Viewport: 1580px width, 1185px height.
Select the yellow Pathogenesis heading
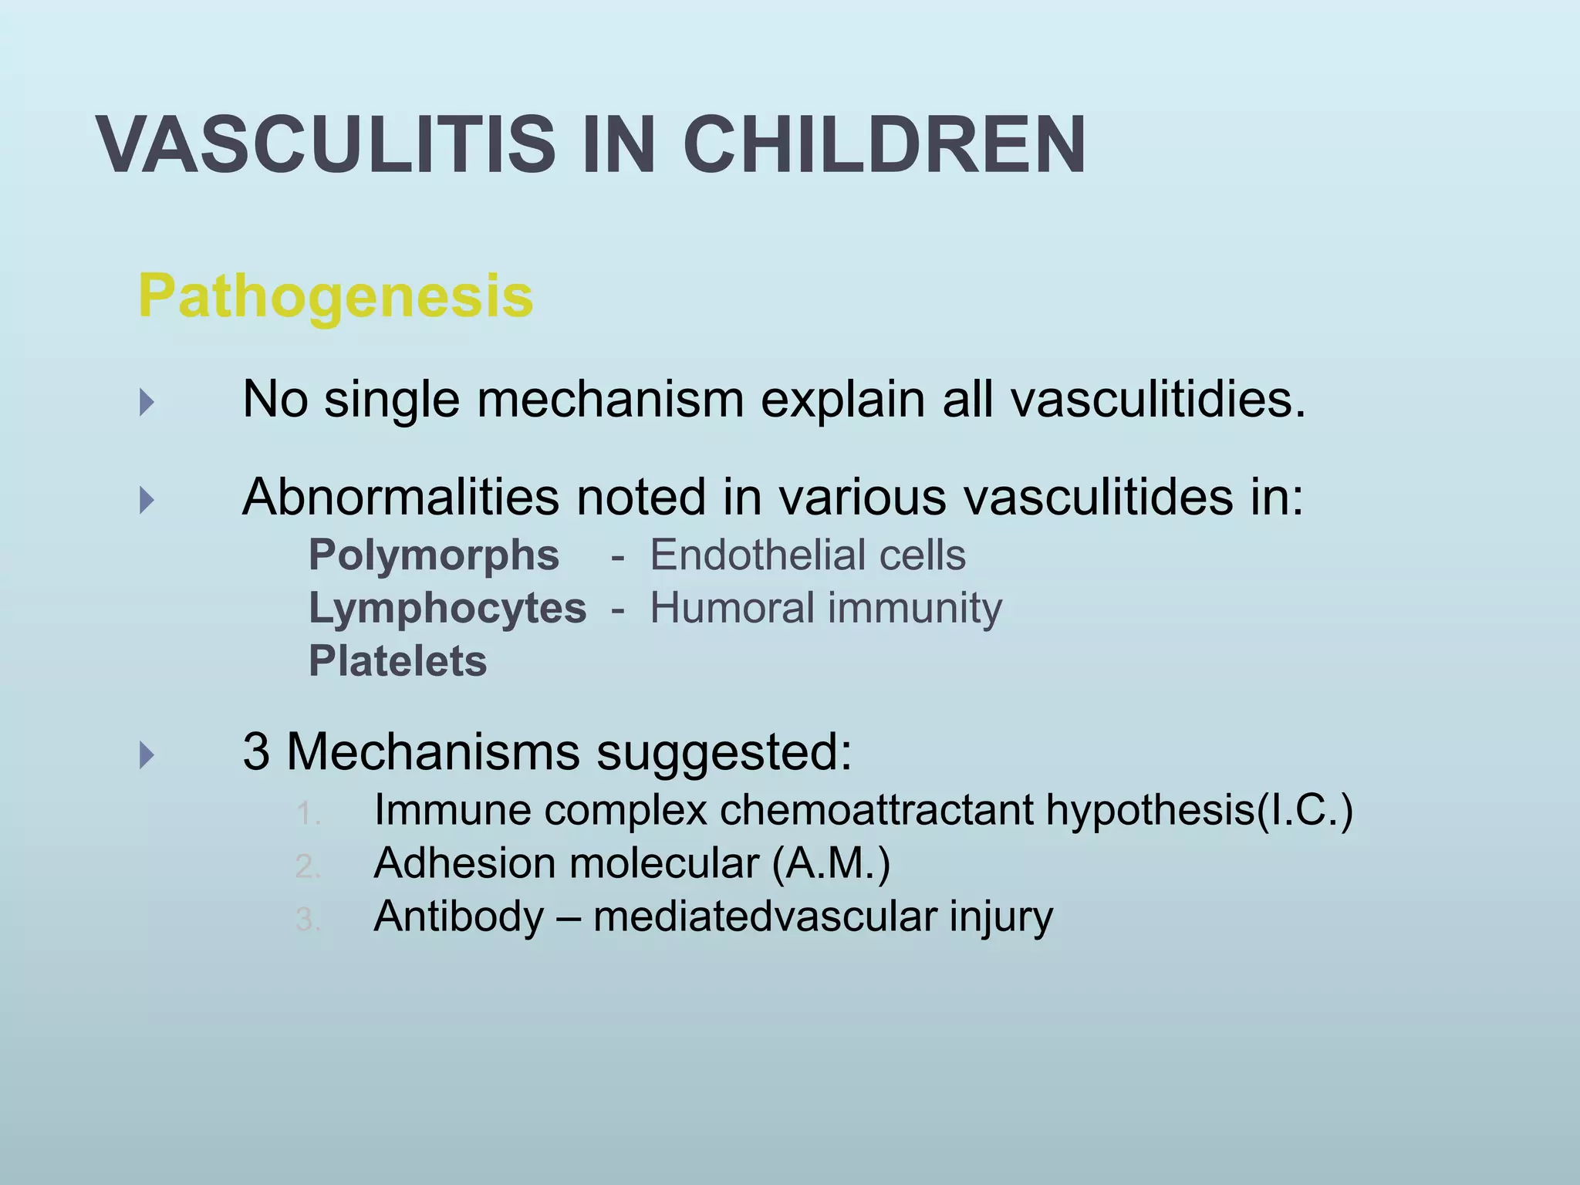click(336, 295)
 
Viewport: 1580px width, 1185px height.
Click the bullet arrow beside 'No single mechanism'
click(147, 402)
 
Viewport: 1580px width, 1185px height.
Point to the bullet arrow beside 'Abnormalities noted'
click(147, 501)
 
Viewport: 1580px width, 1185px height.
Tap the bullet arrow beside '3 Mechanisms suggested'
click(147, 755)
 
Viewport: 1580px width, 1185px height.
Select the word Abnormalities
click(400, 497)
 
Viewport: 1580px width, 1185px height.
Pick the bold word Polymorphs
click(434, 555)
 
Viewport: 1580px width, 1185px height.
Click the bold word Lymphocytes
click(447, 608)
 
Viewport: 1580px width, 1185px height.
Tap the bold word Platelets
click(397, 661)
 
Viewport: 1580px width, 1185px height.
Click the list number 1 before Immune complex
click(308, 814)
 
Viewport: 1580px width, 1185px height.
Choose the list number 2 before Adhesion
click(308, 867)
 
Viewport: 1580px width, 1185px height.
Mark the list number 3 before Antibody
click(308, 920)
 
